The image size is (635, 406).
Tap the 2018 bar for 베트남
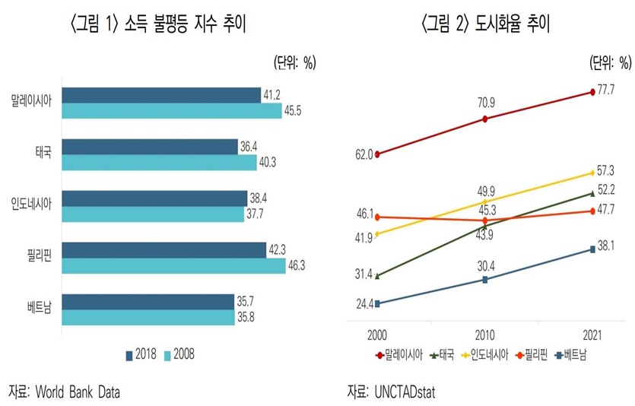coord(148,302)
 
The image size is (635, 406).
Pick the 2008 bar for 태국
coord(159,162)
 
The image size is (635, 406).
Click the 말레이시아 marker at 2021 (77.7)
coord(592,92)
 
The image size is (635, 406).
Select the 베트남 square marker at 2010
coord(485,280)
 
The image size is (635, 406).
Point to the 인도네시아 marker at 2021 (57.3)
coord(592,173)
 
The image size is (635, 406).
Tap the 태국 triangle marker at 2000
coord(378,275)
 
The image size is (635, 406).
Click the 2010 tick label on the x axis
coord(485,334)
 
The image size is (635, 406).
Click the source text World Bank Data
coord(79,392)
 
